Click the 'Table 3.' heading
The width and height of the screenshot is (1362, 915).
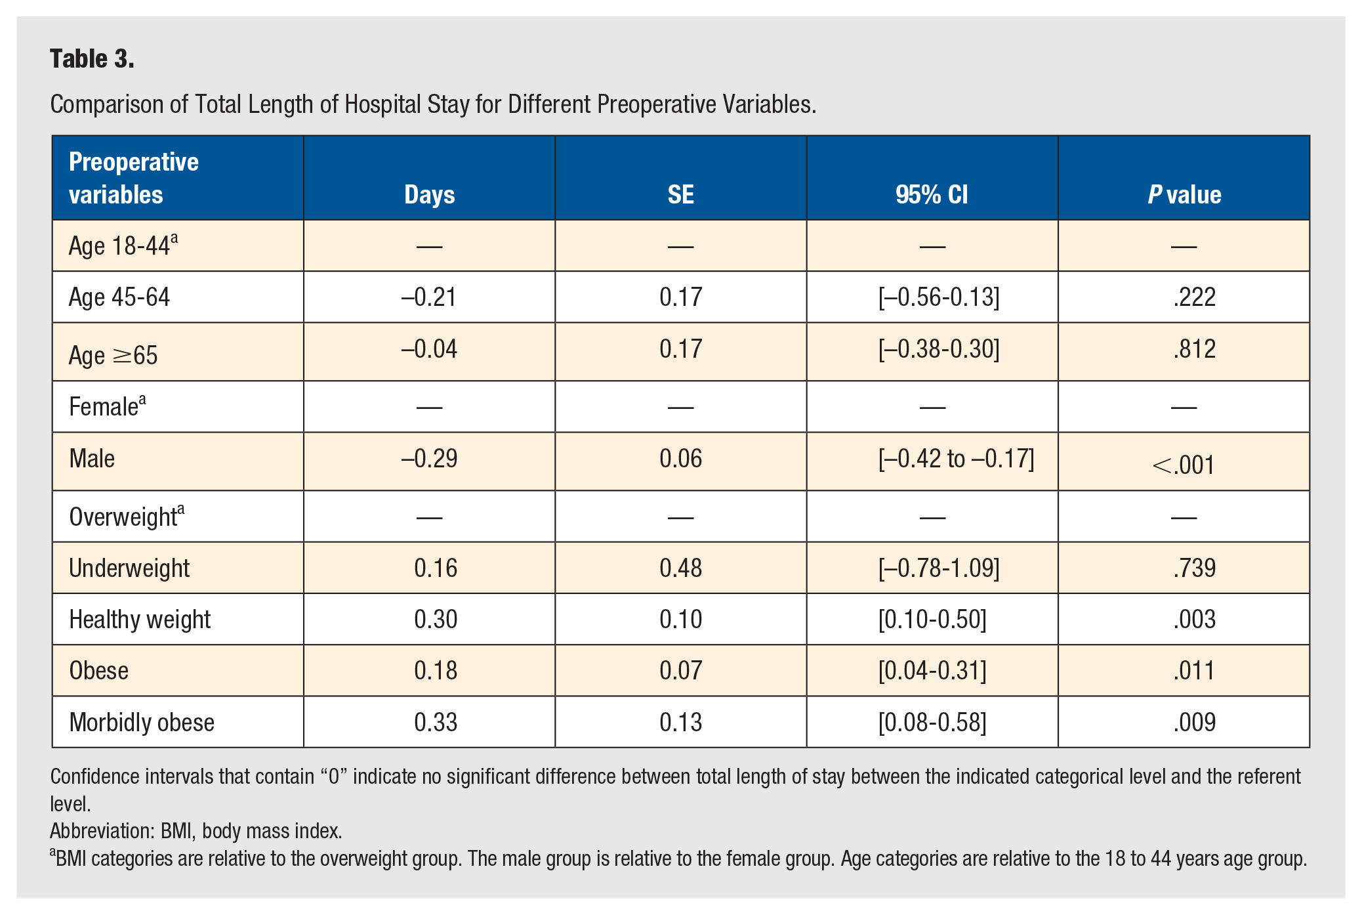pos(92,59)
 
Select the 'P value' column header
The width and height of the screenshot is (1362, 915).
pos(1184,194)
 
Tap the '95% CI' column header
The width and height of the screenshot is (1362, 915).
pos(932,194)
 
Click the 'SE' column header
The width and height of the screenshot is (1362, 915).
pos(680,194)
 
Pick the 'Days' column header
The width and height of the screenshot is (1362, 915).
pos(429,195)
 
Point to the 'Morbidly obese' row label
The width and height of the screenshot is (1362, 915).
pos(142,722)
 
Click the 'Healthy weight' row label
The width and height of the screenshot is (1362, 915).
pos(140,620)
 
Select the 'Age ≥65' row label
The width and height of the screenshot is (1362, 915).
pos(113,356)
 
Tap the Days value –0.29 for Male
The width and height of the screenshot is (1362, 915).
pos(429,458)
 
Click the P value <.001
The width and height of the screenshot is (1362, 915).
pos(1184,465)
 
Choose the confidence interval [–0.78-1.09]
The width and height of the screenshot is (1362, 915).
pos(939,568)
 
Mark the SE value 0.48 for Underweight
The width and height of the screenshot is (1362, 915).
pos(680,568)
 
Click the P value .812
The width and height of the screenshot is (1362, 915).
pos(1194,349)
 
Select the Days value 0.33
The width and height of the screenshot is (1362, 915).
pos(436,722)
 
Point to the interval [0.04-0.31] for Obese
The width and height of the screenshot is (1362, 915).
pos(932,670)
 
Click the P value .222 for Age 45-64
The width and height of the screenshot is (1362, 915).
pos(1194,297)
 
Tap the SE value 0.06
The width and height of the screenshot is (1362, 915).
pos(680,458)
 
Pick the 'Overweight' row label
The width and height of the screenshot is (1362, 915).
pos(127,517)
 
